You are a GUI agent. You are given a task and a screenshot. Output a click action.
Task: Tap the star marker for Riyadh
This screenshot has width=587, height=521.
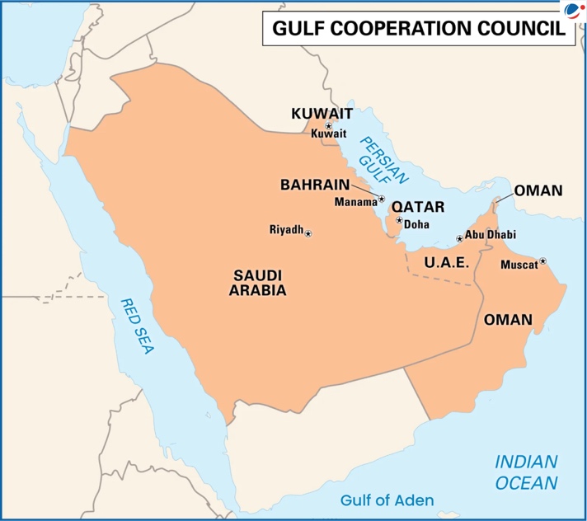(308, 234)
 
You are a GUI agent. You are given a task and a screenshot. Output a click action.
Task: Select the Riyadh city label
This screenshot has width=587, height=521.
(286, 230)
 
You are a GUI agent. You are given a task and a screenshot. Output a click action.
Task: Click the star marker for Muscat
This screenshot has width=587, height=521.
(542, 261)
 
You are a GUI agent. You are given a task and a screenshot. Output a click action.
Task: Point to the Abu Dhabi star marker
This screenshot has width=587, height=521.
(459, 239)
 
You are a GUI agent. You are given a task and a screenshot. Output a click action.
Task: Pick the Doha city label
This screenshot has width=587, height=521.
(417, 223)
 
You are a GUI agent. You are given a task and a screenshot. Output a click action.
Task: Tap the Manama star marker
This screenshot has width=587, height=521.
(381, 199)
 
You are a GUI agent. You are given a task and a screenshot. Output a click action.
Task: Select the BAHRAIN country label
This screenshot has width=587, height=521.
(314, 185)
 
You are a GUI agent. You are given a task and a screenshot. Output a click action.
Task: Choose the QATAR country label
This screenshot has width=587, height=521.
(418, 207)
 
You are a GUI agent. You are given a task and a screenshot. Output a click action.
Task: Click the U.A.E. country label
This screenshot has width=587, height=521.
(446, 263)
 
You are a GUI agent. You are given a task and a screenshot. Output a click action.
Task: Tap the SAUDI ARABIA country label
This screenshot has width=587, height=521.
(259, 282)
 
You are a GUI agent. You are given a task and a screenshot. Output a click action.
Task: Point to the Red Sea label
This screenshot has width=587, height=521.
(137, 326)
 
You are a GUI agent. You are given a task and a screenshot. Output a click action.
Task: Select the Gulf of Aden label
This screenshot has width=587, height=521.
(387, 500)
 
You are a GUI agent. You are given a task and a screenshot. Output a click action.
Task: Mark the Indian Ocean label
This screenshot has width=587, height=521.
(526, 472)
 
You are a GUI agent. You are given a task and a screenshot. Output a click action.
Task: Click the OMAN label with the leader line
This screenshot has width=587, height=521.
(538, 190)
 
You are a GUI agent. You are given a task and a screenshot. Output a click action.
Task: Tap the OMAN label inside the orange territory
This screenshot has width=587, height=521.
(507, 319)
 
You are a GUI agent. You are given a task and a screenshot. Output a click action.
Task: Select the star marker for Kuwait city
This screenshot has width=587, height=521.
(328, 125)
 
